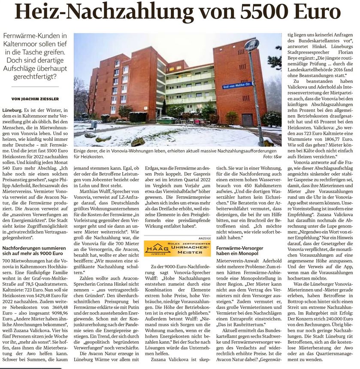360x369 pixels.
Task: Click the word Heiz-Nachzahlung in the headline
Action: (x=94, y=12)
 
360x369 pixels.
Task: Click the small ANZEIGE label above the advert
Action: (x=204, y=237)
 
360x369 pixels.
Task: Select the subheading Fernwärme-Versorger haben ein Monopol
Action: (x=240, y=251)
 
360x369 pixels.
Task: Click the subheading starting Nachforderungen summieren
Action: (x=33, y=251)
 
